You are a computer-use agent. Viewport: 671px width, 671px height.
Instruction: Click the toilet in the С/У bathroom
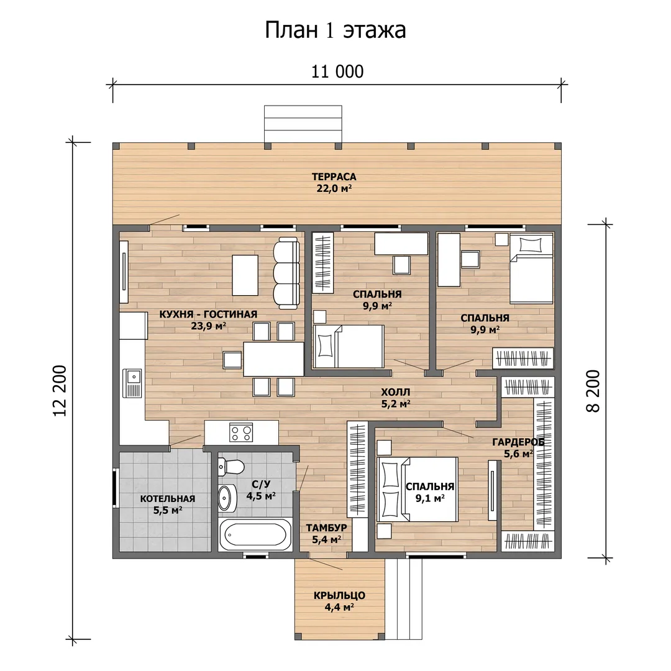click(x=231, y=466)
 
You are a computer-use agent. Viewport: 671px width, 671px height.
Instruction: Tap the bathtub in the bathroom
click(x=255, y=534)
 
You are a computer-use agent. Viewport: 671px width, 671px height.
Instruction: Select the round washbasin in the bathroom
click(x=227, y=498)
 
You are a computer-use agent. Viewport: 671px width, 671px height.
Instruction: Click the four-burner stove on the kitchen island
click(x=241, y=432)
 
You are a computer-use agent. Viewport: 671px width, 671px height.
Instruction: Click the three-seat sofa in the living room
click(x=286, y=273)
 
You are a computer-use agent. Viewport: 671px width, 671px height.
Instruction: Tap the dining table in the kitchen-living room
click(x=273, y=359)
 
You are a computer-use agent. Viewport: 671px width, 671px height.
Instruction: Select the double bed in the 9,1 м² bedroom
click(x=418, y=489)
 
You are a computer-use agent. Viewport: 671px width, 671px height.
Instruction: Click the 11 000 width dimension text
click(x=337, y=71)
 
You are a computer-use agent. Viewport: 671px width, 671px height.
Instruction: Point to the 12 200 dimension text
click(x=60, y=391)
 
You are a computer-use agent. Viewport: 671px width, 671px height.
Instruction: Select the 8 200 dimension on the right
click(x=593, y=391)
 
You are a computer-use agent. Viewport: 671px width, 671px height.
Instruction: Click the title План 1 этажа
click(x=335, y=30)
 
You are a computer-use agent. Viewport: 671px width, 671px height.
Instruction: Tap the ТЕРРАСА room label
click(x=334, y=176)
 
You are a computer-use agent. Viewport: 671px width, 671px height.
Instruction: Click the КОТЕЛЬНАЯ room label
click(x=168, y=498)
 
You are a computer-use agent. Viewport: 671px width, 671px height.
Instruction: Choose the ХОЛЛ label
click(x=395, y=392)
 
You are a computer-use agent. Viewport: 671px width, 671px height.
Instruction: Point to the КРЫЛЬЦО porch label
click(x=339, y=595)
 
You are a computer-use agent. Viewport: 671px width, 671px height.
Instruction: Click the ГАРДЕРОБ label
click(x=518, y=442)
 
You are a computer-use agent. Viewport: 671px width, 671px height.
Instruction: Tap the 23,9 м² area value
click(x=208, y=326)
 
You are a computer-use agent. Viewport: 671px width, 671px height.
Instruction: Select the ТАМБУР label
click(x=326, y=527)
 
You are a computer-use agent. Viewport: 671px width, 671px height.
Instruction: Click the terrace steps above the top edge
click(x=303, y=124)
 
